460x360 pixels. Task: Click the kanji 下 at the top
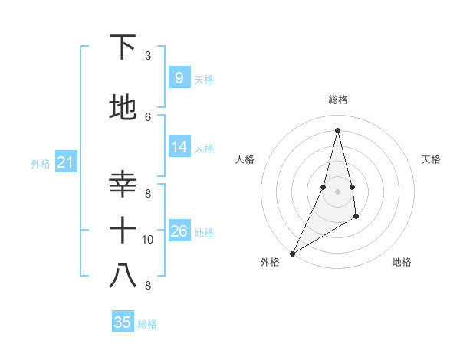pyautogui.click(x=123, y=47)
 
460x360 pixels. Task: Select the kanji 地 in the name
pyautogui.click(x=123, y=108)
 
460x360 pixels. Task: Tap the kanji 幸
pyautogui.click(x=123, y=184)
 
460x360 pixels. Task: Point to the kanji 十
pyautogui.click(x=123, y=229)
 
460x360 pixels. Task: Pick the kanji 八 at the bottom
pyautogui.click(x=123, y=276)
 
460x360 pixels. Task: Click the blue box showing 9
pyautogui.click(x=179, y=77)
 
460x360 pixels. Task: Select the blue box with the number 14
pyautogui.click(x=179, y=147)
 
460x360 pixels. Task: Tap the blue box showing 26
pyautogui.click(x=179, y=231)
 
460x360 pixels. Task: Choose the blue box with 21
pyautogui.click(x=65, y=162)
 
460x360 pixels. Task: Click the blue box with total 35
pyautogui.click(x=123, y=322)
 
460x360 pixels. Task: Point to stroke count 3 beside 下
pyautogui.click(x=148, y=56)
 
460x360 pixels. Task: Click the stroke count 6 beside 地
pyautogui.click(x=148, y=116)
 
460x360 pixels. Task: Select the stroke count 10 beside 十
pyautogui.click(x=148, y=240)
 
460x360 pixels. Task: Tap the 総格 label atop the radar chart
pyautogui.click(x=337, y=100)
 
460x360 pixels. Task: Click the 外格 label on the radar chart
pyautogui.click(x=270, y=262)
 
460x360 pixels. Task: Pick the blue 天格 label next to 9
pyautogui.click(x=204, y=79)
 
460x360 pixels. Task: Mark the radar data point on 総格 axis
pyautogui.click(x=337, y=130)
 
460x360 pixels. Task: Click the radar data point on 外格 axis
pyautogui.click(x=292, y=254)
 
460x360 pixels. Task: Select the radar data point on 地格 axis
pyautogui.click(x=356, y=218)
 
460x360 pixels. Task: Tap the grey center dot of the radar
pyautogui.click(x=337, y=191)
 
